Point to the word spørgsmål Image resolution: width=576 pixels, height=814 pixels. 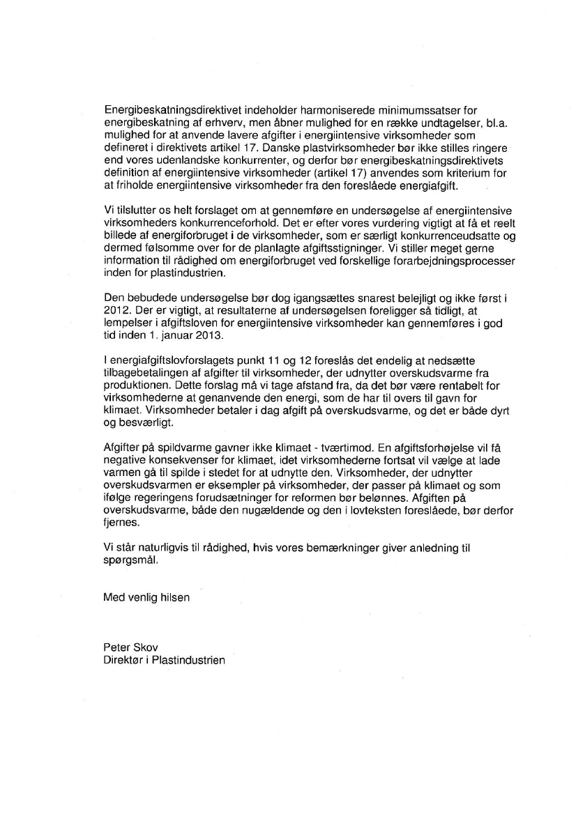coord(130,559)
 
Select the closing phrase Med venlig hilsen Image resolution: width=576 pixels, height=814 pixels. coord(146,597)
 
